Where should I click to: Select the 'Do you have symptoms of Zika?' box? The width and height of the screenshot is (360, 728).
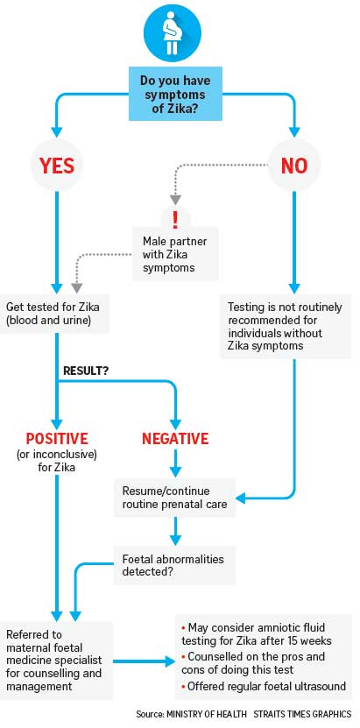tap(175, 94)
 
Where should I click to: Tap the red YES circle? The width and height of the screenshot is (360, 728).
tap(57, 166)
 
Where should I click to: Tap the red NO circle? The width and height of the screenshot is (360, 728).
tap(294, 166)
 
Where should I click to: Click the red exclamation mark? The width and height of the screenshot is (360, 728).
tap(175, 219)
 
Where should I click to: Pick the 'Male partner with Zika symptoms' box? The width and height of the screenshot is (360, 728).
tap(175, 253)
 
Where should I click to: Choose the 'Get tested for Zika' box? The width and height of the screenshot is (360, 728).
tap(54, 313)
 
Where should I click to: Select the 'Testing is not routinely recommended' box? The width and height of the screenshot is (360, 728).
tap(285, 327)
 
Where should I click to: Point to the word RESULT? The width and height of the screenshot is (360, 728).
tap(85, 371)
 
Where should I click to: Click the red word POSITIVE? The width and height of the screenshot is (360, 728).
tap(57, 438)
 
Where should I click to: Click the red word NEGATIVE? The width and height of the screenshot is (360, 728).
tap(175, 438)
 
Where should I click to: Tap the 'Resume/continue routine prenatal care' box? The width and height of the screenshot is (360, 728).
tap(174, 497)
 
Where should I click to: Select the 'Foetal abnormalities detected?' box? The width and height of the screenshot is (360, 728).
tap(174, 564)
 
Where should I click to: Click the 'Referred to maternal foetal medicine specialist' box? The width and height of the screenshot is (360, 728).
tap(56, 660)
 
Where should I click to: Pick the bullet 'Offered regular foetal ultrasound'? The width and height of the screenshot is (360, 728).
tap(263, 686)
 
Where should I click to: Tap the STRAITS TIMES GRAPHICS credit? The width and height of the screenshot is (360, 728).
tap(303, 714)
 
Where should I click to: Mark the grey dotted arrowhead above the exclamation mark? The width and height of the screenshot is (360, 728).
tap(175, 200)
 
